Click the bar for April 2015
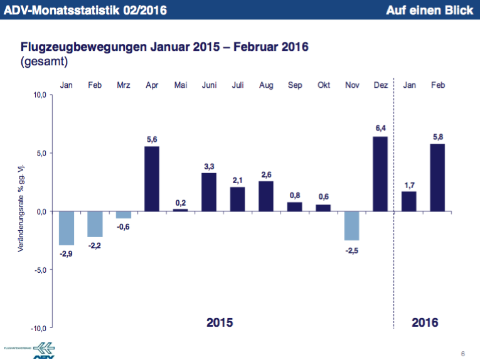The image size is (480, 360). coord(152,179)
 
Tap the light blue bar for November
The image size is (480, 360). coord(351,226)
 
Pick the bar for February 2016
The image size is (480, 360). coord(437,177)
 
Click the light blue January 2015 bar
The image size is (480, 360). coord(67,228)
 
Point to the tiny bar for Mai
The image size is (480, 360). coord(180,210)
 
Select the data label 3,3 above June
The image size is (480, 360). coord(209,166)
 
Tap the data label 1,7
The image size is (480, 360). coord(408,185)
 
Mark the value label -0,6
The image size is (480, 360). coord(123,227)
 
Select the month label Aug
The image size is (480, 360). coord(266,85)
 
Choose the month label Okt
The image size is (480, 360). coord(323,85)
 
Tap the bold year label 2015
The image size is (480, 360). coord(220,323)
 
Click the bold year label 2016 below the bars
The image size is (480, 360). coord(425,323)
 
